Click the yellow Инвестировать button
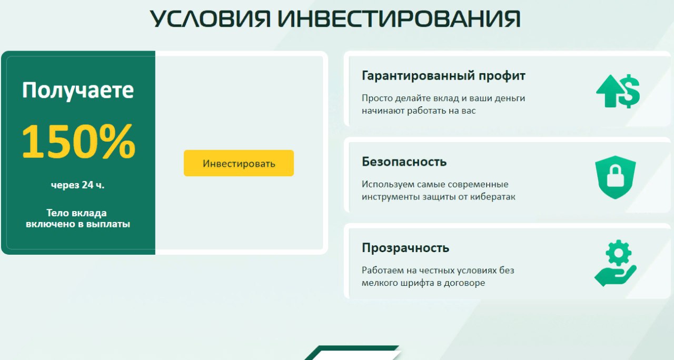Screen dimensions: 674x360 [x=239, y=163]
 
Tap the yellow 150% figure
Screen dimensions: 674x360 [x=78, y=141]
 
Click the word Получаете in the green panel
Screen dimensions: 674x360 [x=77, y=90]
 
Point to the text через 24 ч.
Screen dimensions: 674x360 [x=77, y=185]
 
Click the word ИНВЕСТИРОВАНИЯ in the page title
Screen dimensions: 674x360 [x=399, y=18]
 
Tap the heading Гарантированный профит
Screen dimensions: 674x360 [x=443, y=76]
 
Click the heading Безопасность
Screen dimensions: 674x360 [x=404, y=162]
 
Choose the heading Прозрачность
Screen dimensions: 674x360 [x=405, y=248]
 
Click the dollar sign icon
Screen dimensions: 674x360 [x=628, y=91]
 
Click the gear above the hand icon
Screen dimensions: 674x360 [x=618, y=253]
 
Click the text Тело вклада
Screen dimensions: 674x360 [x=76, y=213]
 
